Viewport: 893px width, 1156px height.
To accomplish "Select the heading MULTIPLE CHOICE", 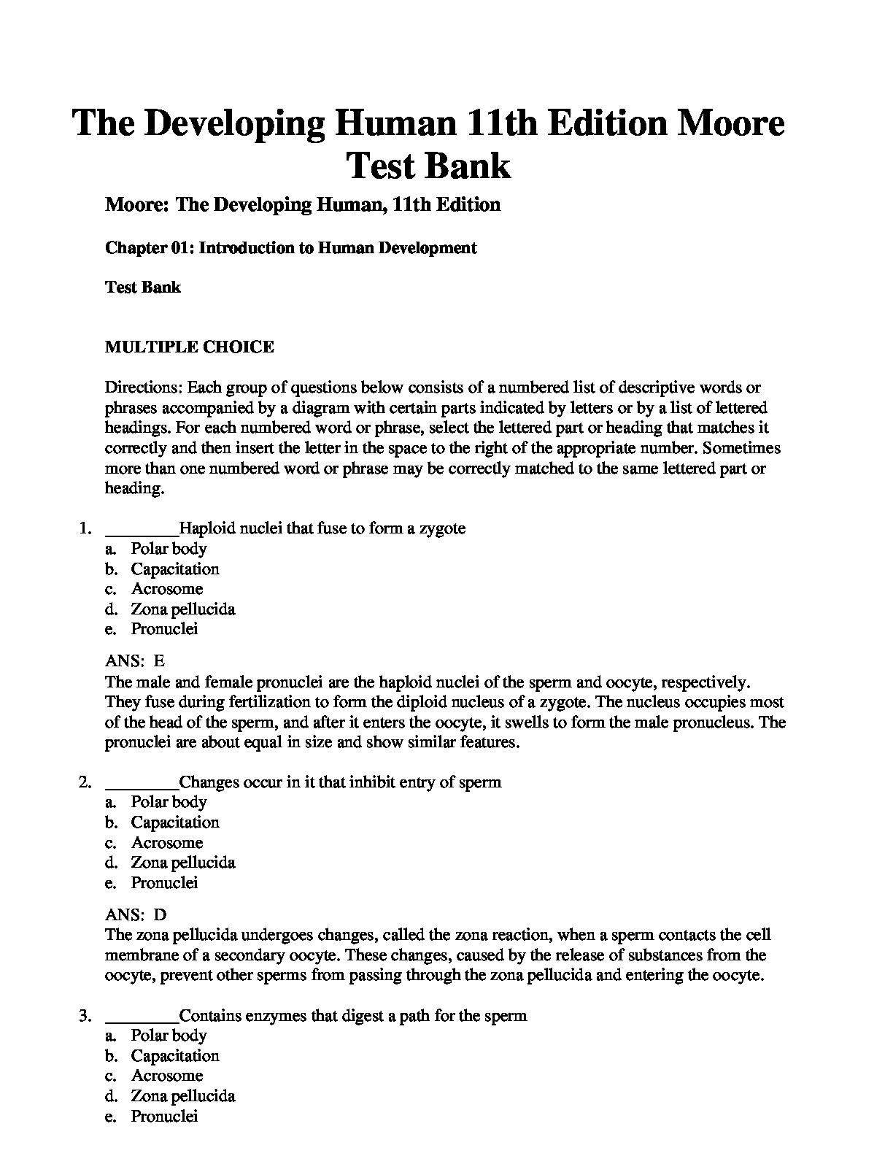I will coord(190,347).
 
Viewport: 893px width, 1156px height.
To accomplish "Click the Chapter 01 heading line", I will coord(290,247).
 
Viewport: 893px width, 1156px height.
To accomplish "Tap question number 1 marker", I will coord(85,528).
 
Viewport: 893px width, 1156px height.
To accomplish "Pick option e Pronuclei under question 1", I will coord(164,629).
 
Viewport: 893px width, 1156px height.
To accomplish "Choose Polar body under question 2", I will coord(169,802).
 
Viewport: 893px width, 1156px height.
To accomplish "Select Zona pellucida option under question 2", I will coord(182,863).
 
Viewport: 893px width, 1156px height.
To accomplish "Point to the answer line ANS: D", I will coord(136,914).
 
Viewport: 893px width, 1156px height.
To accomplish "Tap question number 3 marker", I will coord(85,1015).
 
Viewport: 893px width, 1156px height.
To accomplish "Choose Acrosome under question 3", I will coord(167,1076).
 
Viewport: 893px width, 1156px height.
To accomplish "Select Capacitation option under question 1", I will coord(175,569).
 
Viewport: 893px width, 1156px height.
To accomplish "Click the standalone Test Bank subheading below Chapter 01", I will coord(143,287).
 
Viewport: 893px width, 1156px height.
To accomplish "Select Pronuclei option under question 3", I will coord(164,1116).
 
